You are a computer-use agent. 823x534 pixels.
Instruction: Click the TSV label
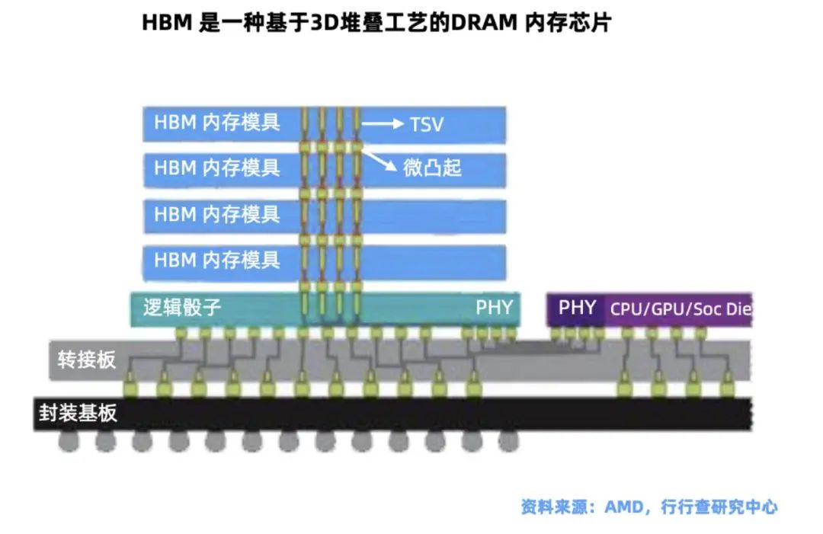[427, 124]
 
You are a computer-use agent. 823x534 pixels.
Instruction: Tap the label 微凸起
[432, 167]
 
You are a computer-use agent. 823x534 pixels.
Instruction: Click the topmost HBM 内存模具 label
[217, 123]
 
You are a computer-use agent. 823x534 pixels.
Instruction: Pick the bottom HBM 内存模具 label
[217, 260]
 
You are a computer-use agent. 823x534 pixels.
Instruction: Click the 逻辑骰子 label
[182, 308]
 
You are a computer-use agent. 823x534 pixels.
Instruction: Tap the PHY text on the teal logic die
[495, 309]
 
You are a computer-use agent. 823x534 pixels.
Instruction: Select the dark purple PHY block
[577, 309]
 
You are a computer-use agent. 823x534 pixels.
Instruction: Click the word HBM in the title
[165, 23]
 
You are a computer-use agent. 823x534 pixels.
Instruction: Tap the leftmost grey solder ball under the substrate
[69, 441]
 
